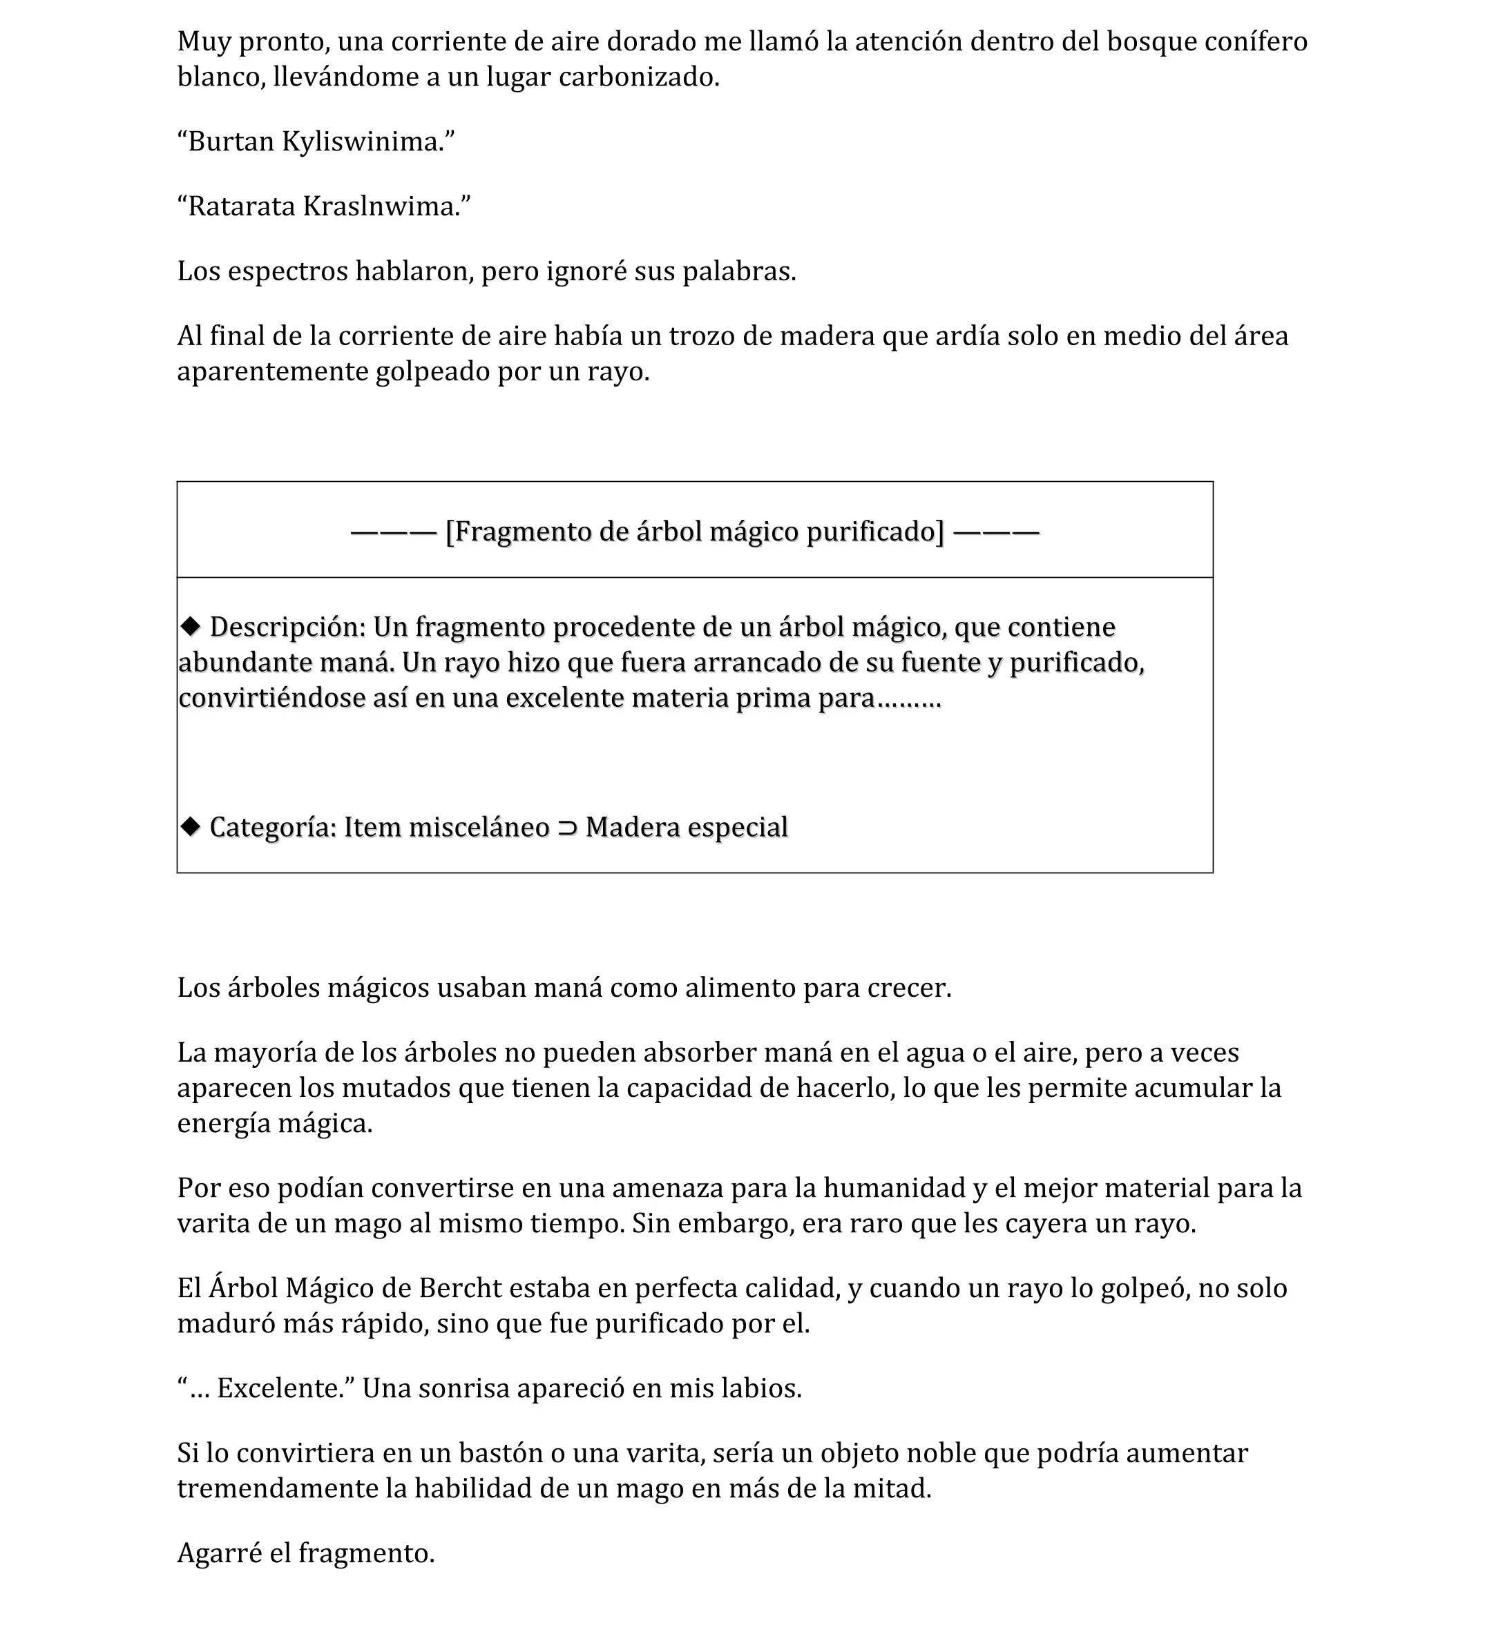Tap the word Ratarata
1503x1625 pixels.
click(242, 206)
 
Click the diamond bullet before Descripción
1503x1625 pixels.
click(191, 626)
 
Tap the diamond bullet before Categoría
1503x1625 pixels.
click(191, 827)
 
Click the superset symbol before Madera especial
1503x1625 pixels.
click(567, 828)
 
